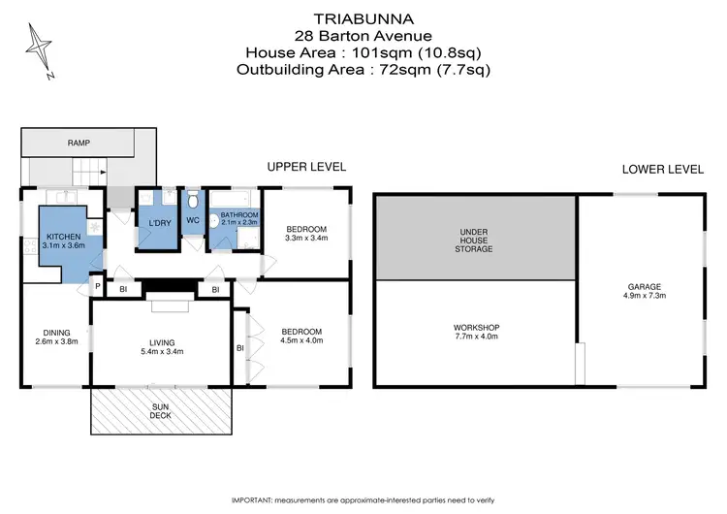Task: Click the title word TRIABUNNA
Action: click(x=363, y=17)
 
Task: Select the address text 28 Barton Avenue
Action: click(x=363, y=35)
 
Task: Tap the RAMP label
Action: click(x=79, y=143)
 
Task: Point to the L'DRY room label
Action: click(x=159, y=225)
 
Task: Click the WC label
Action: click(x=192, y=220)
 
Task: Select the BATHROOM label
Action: click(x=237, y=214)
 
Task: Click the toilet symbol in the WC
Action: click(x=193, y=200)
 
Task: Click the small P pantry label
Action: click(x=98, y=287)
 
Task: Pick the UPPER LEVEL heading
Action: click(x=306, y=168)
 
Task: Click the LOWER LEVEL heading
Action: click(x=663, y=169)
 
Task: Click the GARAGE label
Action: click(x=644, y=287)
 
